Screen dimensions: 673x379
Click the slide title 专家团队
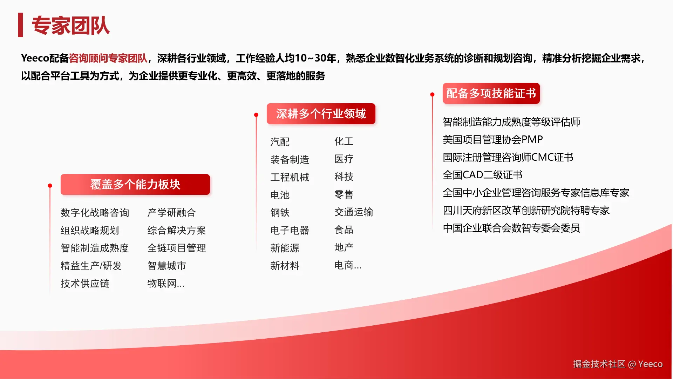pyautogui.click(x=70, y=25)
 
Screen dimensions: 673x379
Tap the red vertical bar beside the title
pyautogui.click(x=20, y=25)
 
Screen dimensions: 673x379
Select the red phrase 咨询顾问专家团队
pyautogui.click(x=108, y=58)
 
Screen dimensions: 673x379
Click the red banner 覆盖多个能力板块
pyautogui.click(x=135, y=184)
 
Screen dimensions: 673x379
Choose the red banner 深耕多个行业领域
pyautogui.click(x=321, y=114)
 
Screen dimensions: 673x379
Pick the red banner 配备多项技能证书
pyautogui.click(x=491, y=93)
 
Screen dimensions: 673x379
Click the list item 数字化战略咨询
pyautogui.click(x=95, y=213)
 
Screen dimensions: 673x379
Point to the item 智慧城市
pyautogui.click(x=167, y=266)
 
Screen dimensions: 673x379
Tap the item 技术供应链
pyautogui.click(x=85, y=283)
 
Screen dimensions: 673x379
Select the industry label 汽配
pyautogui.click(x=280, y=142)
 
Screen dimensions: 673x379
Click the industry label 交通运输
pyautogui.click(x=354, y=212)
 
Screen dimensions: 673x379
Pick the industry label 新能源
pyautogui.click(x=285, y=248)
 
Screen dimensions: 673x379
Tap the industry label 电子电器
pyautogui.click(x=290, y=230)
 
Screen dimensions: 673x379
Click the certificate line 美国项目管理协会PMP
pyautogui.click(x=493, y=140)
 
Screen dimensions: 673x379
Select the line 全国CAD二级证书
pyautogui.click(x=483, y=175)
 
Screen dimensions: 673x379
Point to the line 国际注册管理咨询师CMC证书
pyautogui.click(x=508, y=157)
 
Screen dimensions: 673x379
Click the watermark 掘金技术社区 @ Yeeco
pyautogui.click(x=618, y=364)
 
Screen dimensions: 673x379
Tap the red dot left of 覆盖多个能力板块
pyautogui.click(x=50, y=186)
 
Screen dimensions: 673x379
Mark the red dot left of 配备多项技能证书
pyautogui.click(x=432, y=94)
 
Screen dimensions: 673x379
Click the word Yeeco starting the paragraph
pyautogui.click(x=35, y=58)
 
